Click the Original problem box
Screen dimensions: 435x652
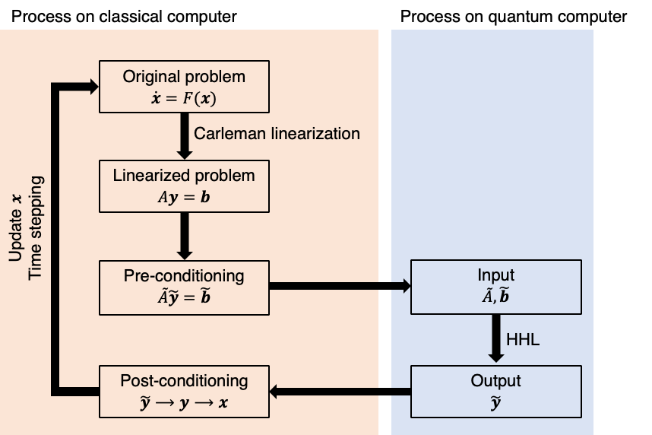click(x=184, y=87)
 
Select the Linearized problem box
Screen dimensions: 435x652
click(x=184, y=186)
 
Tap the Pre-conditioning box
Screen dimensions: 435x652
click(x=184, y=287)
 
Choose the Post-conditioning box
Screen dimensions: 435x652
click(x=184, y=392)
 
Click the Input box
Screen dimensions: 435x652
click(x=495, y=287)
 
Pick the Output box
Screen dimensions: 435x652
click(x=495, y=392)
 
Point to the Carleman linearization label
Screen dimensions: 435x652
click(x=277, y=134)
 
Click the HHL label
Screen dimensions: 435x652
click(x=524, y=340)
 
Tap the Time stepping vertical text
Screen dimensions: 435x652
click(x=35, y=228)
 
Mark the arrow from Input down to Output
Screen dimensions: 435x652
click(x=495, y=339)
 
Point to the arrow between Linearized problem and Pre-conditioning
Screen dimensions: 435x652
click(x=184, y=236)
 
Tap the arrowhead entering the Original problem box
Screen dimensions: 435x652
click(x=93, y=87)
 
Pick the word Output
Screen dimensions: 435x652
click(x=495, y=381)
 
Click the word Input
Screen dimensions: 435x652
click(x=495, y=275)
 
